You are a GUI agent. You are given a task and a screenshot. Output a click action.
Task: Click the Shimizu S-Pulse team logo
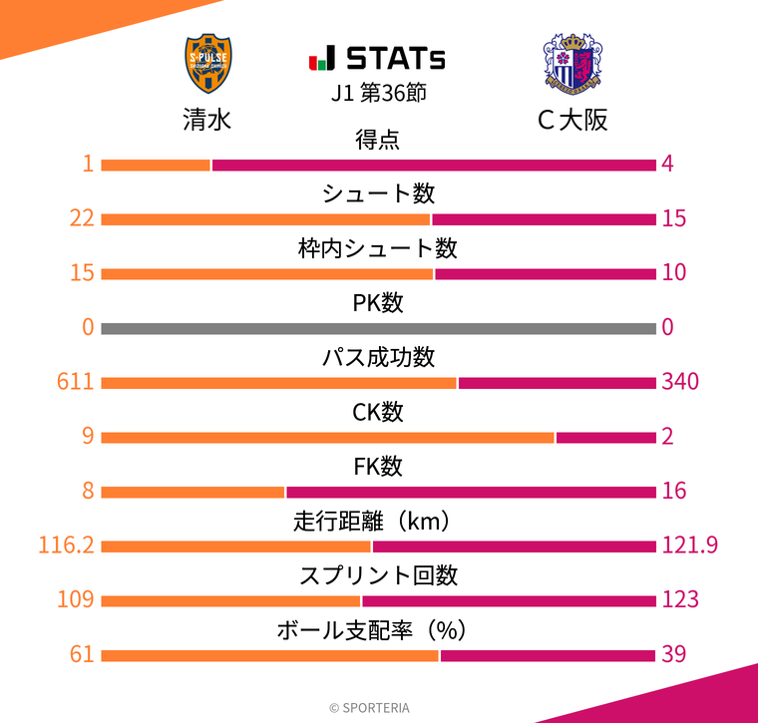(206, 64)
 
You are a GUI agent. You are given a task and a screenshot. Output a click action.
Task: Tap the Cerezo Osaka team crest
(571, 64)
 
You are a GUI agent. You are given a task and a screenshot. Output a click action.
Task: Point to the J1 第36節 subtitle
(378, 93)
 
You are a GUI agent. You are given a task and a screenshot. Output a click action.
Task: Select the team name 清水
(206, 120)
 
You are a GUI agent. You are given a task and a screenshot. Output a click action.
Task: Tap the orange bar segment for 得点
(156, 165)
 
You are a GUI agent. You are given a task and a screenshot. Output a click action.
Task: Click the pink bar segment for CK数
(605, 437)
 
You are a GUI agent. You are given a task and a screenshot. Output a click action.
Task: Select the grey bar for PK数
(378, 328)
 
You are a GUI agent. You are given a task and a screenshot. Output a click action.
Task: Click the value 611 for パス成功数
(77, 381)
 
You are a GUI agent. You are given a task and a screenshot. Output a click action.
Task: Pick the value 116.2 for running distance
(66, 544)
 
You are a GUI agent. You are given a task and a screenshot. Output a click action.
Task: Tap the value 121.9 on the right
(689, 544)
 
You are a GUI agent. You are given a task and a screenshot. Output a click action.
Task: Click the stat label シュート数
(378, 193)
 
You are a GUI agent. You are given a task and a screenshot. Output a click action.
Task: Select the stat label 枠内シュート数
(378, 248)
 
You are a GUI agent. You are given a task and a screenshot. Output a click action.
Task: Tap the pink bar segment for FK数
(471, 492)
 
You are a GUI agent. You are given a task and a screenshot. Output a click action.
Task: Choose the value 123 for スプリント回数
(679, 599)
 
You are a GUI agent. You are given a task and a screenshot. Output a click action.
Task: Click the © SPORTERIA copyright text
(369, 707)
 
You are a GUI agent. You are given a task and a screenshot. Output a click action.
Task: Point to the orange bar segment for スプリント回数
(230, 600)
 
